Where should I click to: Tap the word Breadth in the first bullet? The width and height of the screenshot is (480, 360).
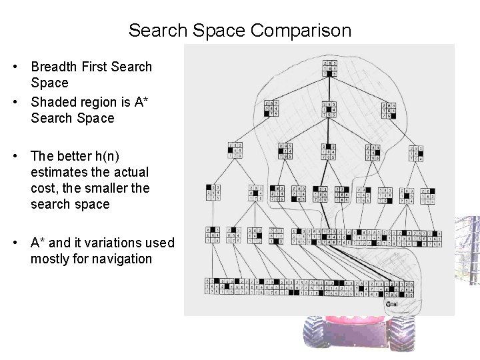54,67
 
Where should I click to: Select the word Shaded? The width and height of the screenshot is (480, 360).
55,102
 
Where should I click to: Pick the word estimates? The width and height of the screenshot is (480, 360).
59,172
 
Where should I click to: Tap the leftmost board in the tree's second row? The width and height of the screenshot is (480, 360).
271,109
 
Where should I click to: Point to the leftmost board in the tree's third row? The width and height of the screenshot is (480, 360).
235,151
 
